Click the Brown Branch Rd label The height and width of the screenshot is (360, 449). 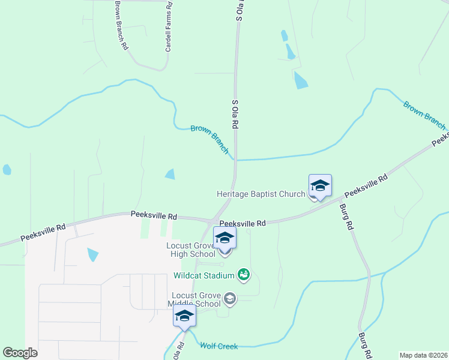(x=120, y=25)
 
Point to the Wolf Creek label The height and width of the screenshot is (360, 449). (x=219, y=346)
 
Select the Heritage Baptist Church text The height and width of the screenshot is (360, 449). (x=261, y=194)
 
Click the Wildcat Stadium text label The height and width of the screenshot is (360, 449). (x=204, y=276)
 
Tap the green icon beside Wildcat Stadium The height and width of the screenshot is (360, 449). (x=244, y=275)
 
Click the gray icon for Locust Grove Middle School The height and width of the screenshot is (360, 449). (x=229, y=298)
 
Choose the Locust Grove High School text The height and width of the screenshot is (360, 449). (x=191, y=250)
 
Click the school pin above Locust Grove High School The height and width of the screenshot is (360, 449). (x=224, y=238)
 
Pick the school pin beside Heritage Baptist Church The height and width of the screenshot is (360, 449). (x=320, y=185)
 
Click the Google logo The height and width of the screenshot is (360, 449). (x=20, y=353)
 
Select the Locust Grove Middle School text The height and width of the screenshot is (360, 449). (x=196, y=299)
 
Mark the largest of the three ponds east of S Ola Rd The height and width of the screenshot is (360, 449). (x=300, y=80)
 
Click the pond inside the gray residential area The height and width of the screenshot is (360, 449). (x=92, y=254)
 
